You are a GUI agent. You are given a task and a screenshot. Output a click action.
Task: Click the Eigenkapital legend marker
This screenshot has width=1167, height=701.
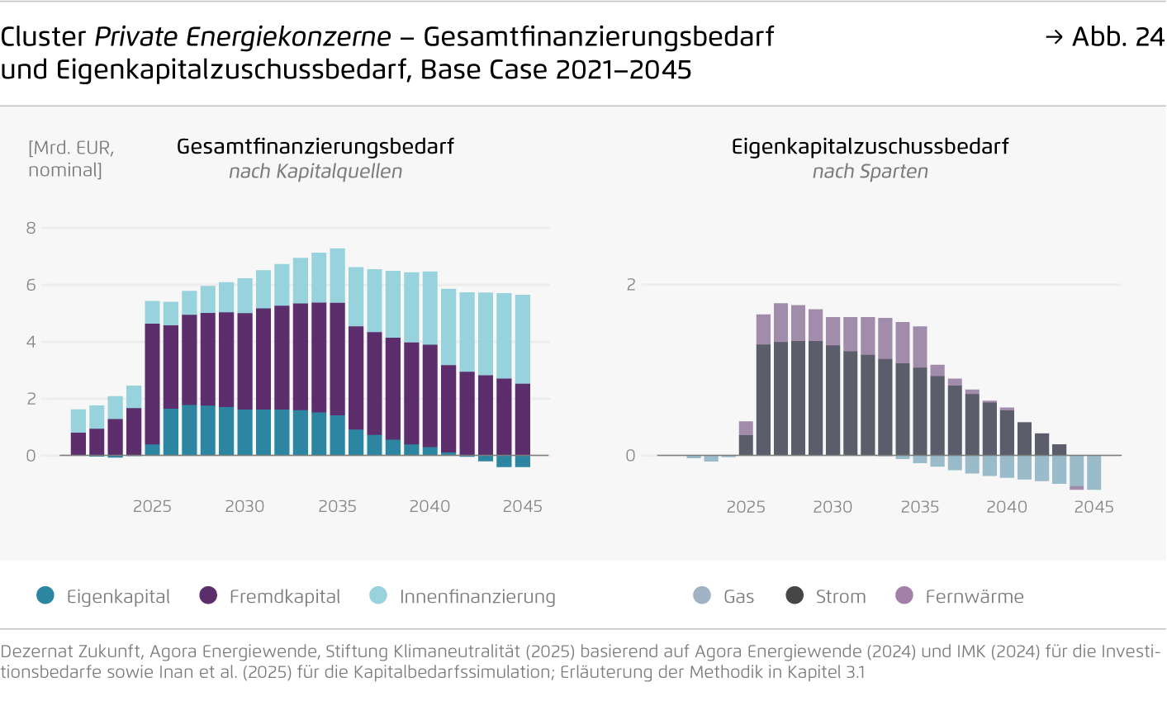pyautogui.click(x=46, y=595)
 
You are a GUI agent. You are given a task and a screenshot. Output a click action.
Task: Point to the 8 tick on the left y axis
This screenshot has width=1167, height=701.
pyautogui.click(x=31, y=228)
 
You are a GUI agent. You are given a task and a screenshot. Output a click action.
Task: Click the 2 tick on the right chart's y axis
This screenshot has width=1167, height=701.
pyautogui.click(x=631, y=285)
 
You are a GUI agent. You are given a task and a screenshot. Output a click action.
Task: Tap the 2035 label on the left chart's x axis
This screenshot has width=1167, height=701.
pyautogui.click(x=337, y=506)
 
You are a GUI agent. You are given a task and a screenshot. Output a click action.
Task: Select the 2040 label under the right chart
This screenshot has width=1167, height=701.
pyautogui.click(x=1006, y=507)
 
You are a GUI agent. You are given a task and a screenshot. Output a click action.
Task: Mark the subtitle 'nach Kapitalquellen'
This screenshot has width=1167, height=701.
pyautogui.click(x=315, y=172)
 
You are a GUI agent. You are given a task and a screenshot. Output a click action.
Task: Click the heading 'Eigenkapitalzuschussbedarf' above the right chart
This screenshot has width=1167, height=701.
pyautogui.click(x=870, y=147)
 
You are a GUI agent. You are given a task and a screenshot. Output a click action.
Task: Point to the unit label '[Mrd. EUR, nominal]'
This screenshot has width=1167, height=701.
pyautogui.click(x=71, y=159)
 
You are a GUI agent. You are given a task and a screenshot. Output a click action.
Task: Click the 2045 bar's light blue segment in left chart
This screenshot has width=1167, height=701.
pyautogui.click(x=522, y=339)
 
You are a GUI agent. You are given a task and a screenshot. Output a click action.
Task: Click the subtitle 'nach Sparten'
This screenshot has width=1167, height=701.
pyautogui.click(x=870, y=172)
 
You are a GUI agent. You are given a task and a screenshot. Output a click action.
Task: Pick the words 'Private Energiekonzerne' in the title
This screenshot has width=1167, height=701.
pyautogui.click(x=243, y=37)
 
